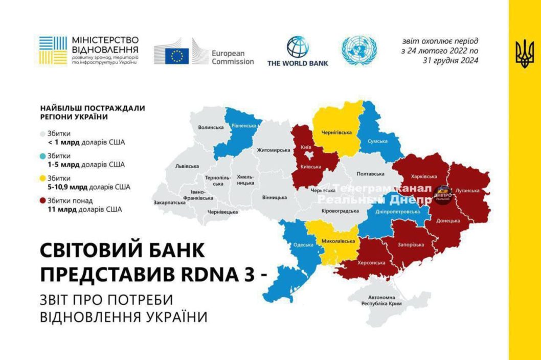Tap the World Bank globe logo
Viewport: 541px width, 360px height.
298,47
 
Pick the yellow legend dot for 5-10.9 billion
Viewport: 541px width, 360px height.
43,178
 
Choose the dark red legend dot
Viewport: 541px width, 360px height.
43,200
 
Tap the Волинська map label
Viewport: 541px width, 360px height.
211,127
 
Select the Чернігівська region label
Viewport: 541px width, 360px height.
336,133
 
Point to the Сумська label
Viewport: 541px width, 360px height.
377,141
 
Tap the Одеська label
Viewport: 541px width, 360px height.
303,244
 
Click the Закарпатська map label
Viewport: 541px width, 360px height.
169,202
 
